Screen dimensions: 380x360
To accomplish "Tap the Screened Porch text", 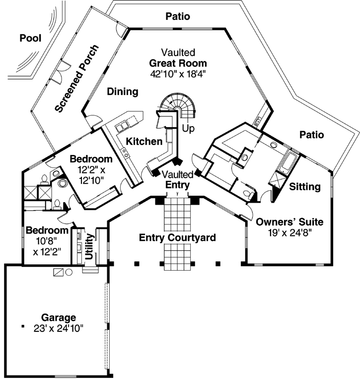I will [x=77, y=78].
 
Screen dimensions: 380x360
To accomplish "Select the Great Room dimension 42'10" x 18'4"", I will [x=178, y=74].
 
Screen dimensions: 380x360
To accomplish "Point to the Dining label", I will [x=123, y=91].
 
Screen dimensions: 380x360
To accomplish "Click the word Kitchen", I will [x=144, y=142].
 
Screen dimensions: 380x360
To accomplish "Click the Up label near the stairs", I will [x=189, y=128].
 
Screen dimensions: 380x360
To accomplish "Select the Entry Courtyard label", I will [x=177, y=237].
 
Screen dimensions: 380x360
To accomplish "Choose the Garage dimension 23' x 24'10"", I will [x=59, y=328].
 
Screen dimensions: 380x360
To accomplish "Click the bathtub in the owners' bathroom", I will [x=289, y=162].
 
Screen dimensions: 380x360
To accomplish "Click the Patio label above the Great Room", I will [x=177, y=16].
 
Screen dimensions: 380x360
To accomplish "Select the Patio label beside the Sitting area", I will [x=311, y=135].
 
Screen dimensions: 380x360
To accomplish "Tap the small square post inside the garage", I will [x=23, y=326].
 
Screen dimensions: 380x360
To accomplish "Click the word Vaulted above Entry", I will [x=178, y=175].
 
